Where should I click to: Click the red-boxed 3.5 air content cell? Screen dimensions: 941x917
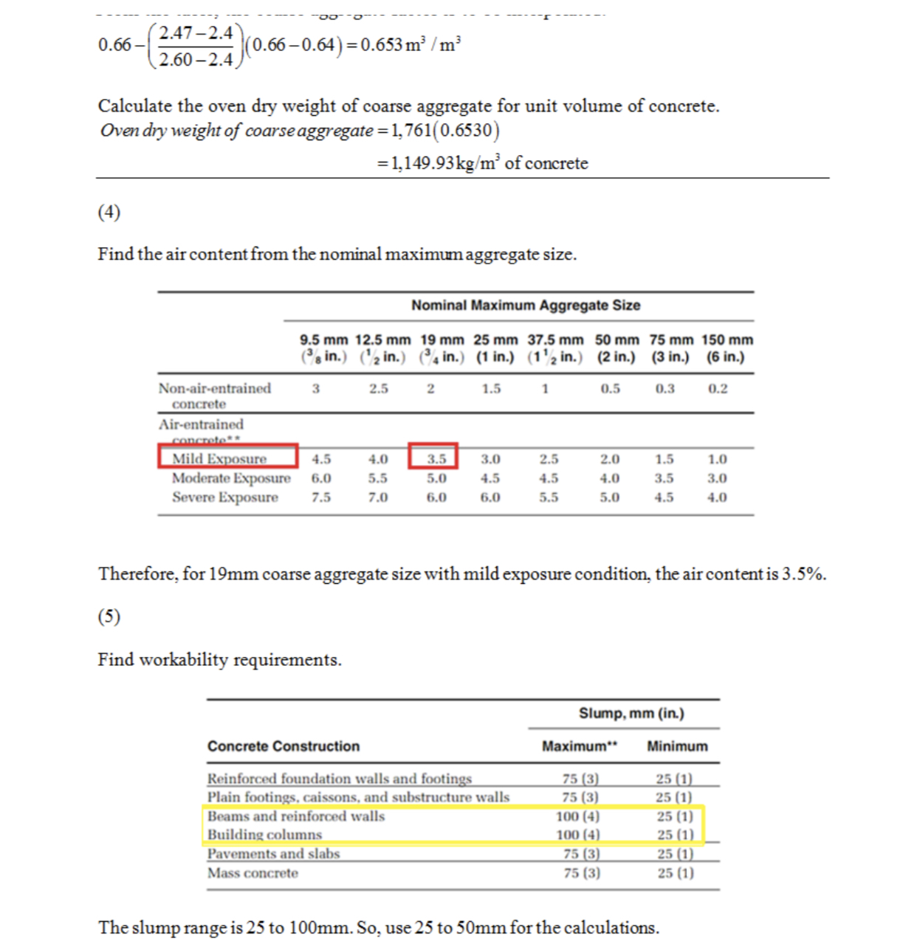coord(436,458)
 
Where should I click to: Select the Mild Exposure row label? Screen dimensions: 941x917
coord(219,458)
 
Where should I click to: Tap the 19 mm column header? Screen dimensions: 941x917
coord(442,348)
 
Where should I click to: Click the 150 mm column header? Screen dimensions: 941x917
coord(727,348)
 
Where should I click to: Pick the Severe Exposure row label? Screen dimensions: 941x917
coord(225,497)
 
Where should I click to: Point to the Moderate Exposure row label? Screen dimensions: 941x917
coord(231,478)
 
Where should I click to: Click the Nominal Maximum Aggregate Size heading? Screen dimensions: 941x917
coord(526,306)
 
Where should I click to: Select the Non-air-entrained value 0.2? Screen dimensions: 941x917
coord(718,388)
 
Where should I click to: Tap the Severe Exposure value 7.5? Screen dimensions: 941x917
coord(321,497)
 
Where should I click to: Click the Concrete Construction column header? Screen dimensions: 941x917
coord(284,746)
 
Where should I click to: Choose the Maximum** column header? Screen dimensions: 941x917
coord(580,746)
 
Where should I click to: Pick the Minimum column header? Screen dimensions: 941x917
coord(677,746)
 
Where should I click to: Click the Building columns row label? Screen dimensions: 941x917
coord(264,835)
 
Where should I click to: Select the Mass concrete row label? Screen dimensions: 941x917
coord(253,873)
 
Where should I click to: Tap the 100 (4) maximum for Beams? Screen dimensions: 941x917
coord(578,816)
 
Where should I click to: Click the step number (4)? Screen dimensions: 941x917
coord(109,213)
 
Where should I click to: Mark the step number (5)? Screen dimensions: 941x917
coord(109,616)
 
